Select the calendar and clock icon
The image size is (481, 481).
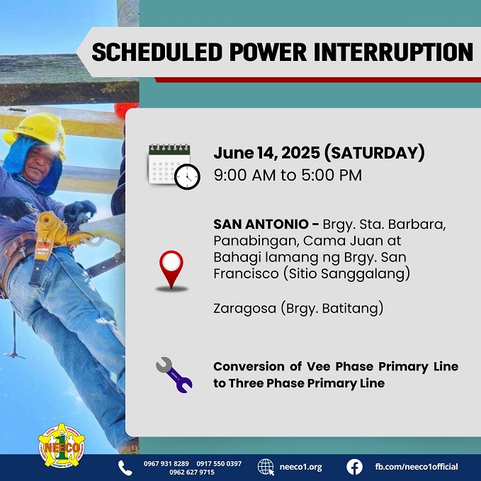174,166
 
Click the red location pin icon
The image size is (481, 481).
171,269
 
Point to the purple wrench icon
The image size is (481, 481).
174,375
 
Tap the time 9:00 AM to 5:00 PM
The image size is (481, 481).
288,175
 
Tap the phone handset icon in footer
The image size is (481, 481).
125,467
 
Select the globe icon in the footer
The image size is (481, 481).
266,467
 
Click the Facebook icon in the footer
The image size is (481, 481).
354,467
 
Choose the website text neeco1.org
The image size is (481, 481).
300,467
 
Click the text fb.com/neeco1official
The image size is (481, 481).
416,467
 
